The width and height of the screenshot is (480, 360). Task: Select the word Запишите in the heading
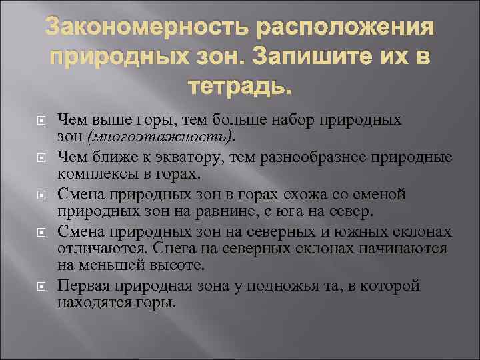pyautogui.click(x=312, y=57)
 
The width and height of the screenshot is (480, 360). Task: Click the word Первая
pyautogui.click(x=81, y=285)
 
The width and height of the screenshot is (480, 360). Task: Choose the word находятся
pyautogui.click(x=90, y=302)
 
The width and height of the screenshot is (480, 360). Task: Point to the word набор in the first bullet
pyautogui.click(x=299, y=120)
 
